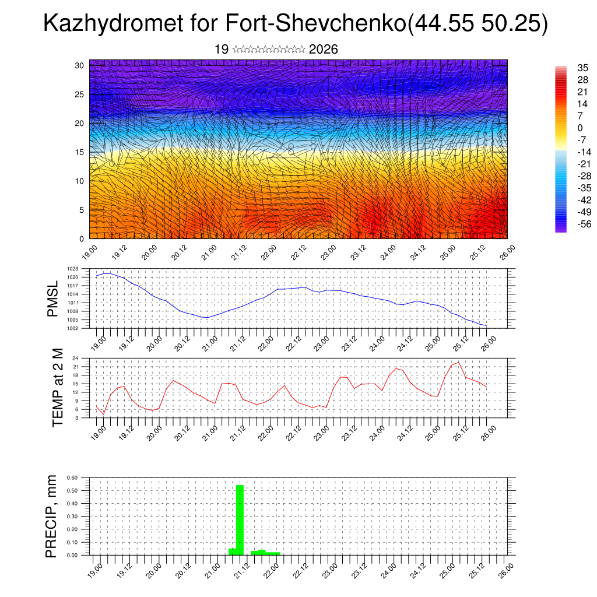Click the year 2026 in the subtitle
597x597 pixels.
pos(324,50)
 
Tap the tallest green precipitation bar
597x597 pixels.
pos(240,519)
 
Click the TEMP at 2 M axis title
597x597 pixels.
pos(57,388)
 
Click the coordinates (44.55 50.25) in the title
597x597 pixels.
pos(476,24)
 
